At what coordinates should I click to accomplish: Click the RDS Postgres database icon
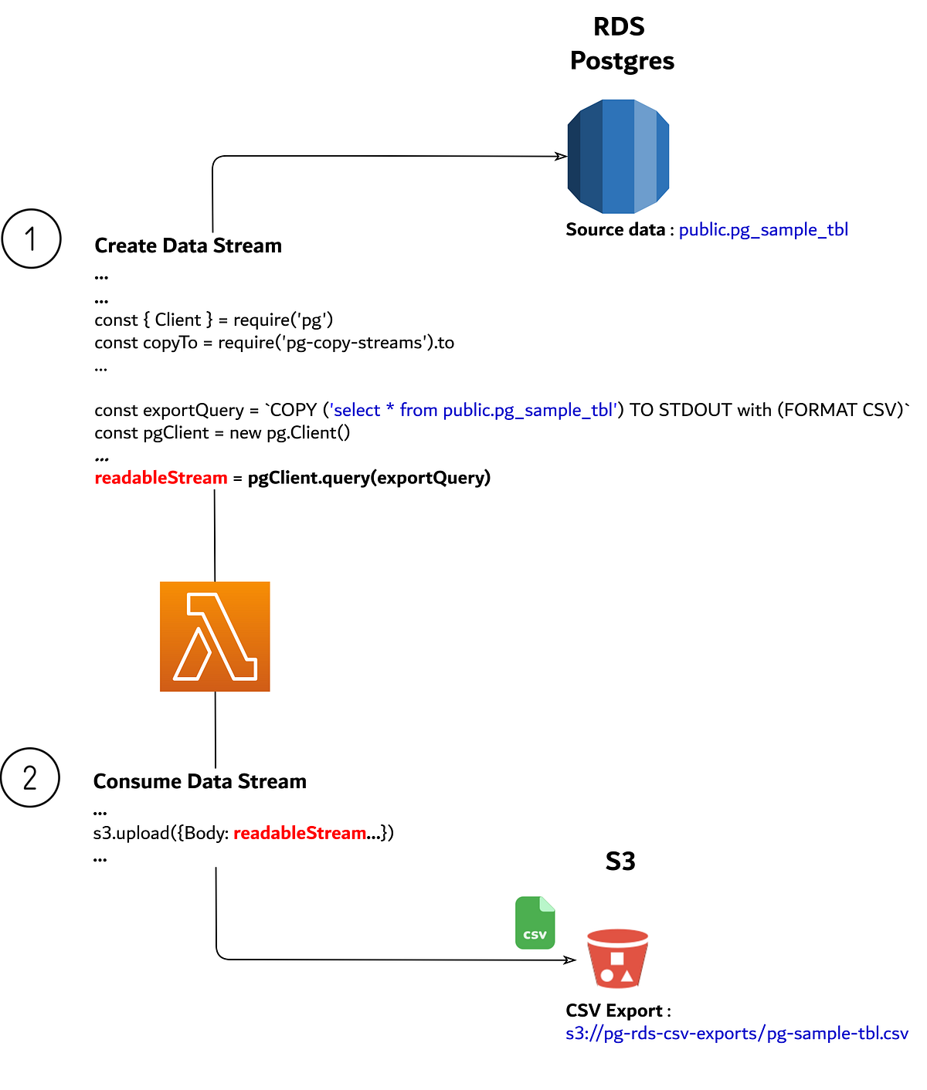coord(618,156)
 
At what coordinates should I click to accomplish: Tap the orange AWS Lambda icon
coord(215,636)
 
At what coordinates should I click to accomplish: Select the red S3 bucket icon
coord(617,958)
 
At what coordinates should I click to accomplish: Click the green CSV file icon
coord(535,922)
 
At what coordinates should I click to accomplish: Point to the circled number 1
coord(31,239)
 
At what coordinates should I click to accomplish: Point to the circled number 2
coord(30,777)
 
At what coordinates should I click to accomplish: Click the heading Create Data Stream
coord(188,245)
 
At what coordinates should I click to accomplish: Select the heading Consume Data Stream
coord(199,781)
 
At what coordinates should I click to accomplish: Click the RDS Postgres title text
coord(621,44)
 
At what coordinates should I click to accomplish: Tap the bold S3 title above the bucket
coord(620,861)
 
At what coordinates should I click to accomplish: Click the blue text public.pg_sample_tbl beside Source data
coord(763,229)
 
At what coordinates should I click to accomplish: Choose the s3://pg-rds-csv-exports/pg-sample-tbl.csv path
coord(736,1033)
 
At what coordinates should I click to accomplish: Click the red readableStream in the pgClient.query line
coord(161,478)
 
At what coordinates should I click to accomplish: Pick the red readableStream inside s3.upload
coord(300,833)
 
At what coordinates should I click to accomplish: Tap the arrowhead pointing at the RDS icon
coord(562,156)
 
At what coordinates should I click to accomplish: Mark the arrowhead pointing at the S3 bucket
coord(570,960)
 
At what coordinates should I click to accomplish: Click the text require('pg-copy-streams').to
coord(336,343)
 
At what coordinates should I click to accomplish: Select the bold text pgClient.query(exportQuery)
coord(368,478)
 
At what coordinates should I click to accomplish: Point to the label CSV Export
coord(614,1010)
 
